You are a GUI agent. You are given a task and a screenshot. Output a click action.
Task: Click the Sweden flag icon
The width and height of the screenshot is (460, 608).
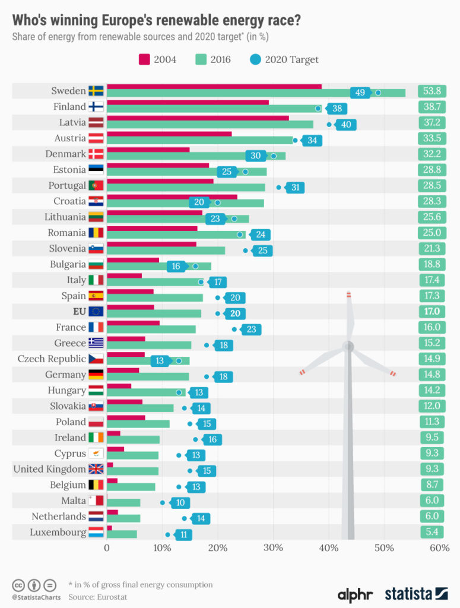(96, 91)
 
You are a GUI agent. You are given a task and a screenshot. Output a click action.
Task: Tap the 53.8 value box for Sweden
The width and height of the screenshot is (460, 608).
(432, 91)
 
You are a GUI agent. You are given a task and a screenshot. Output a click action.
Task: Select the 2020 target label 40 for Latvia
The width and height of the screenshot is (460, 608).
(345, 125)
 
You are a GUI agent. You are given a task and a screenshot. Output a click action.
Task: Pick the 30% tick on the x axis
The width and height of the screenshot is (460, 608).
(273, 547)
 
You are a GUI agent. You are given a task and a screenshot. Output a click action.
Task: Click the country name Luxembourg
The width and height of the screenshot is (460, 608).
(58, 532)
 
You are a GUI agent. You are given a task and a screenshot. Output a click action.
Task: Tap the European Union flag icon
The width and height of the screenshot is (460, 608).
(96, 312)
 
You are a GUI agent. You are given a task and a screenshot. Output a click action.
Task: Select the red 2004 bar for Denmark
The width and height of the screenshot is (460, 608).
(148, 150)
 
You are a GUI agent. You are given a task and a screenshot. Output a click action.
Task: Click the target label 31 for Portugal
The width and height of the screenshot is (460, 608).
(295, 188)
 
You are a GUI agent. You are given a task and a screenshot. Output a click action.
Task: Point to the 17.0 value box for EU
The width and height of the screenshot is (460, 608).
(432, 312)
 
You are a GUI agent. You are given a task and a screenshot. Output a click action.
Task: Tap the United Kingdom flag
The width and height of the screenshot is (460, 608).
(96, 469)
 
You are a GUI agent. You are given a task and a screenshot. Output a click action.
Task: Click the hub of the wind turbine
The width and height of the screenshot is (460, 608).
(348, 346)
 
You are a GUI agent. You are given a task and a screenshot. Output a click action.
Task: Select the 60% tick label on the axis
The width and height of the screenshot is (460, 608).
(439, 547)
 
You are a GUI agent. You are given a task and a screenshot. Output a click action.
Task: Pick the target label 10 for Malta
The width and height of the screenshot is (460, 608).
(180, 502)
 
